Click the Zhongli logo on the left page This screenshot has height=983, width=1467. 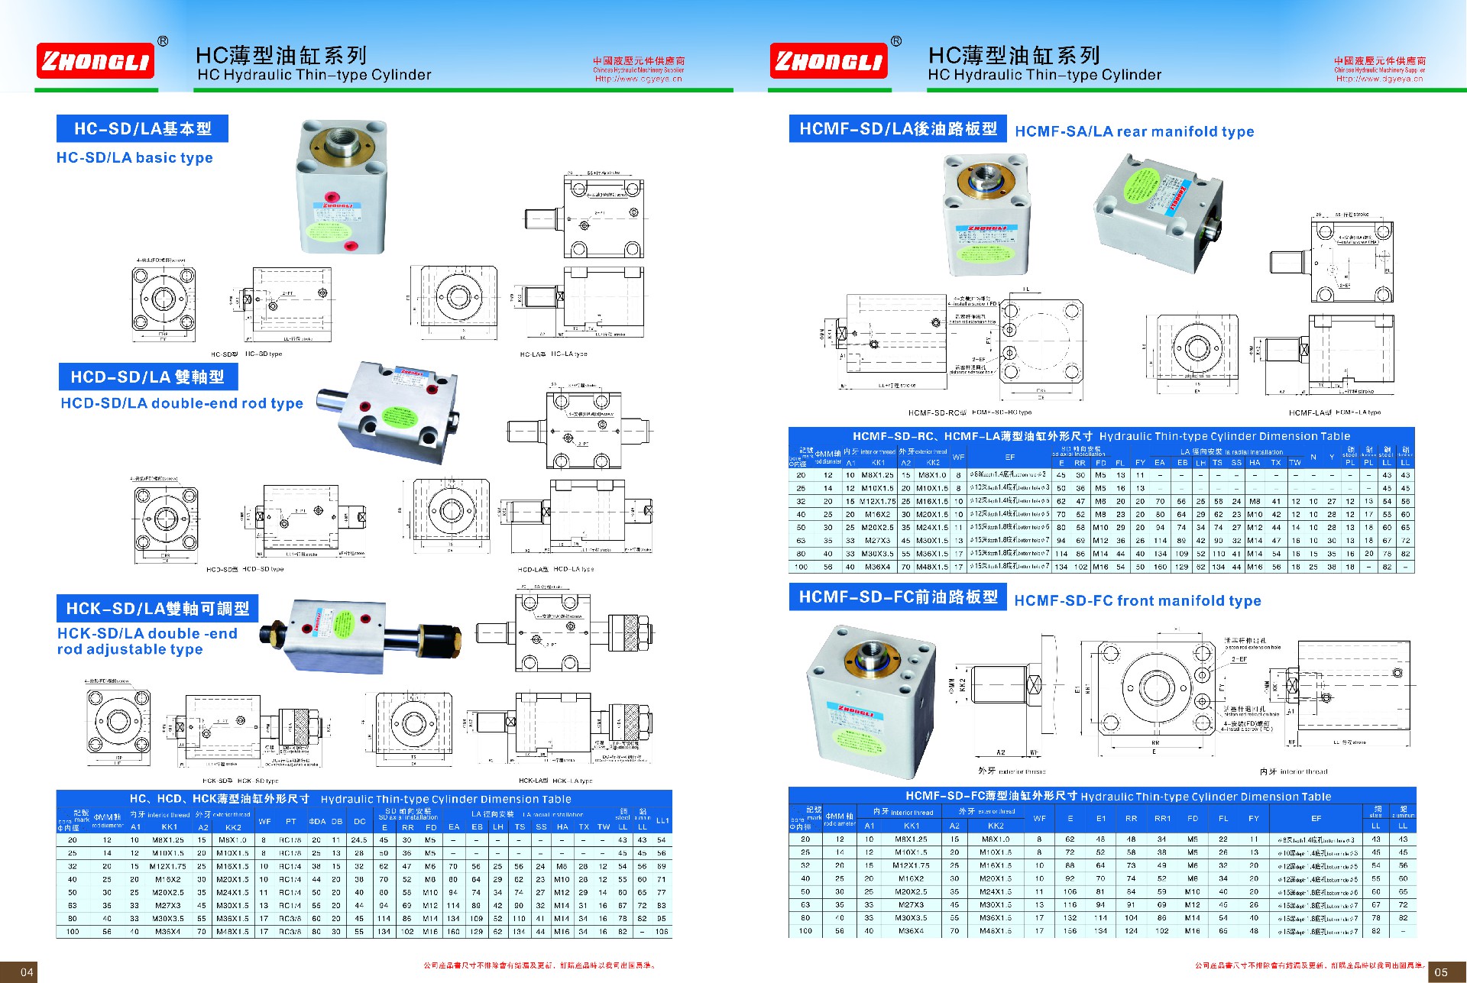click(x=96, y=61)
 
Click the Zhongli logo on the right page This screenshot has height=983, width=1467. click(x=828, y=61)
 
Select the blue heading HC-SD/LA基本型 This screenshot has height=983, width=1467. click(x=142, y=128)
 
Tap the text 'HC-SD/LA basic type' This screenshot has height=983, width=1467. click(x=134, y=158)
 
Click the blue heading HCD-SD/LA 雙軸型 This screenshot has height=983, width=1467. click(x=147, y=377)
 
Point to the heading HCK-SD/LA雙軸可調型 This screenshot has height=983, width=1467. click(x=157, y=609)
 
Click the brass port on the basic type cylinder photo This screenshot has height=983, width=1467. click(x=340, y=143)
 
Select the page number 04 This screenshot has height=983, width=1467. click(x=27, y=972)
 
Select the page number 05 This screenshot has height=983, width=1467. click(x=1440, y=972)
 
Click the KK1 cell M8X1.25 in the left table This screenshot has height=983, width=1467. click(x=168, y=840)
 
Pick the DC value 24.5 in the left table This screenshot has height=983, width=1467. click(x=359, y=840)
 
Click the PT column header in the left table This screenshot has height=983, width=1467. click(x=290, y=822)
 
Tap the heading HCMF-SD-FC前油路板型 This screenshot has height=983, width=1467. click(x=898, y=597)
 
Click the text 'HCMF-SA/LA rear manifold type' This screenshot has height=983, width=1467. click(x=1134, y=131)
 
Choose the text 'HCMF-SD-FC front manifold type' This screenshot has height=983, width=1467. click(x=1137, y=601)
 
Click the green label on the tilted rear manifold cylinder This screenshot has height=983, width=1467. click(x=1144, y=188)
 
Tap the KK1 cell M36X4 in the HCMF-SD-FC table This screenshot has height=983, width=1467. click(x=911, y=931)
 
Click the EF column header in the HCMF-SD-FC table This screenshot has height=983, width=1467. click(x=1316, y=819)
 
